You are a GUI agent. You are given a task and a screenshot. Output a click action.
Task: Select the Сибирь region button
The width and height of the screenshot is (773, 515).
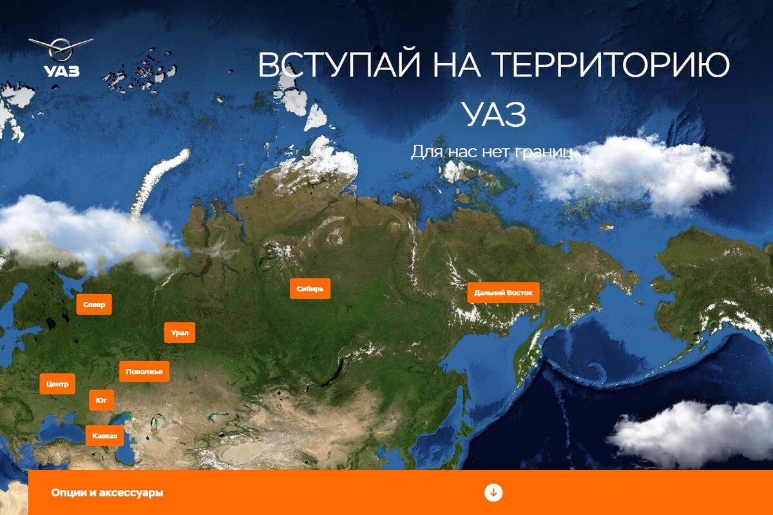pos(310,288)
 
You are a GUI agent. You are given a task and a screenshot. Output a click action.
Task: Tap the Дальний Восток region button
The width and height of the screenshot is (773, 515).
pos(503,293)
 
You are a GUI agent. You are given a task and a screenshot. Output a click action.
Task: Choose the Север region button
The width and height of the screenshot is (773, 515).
pos(94,304)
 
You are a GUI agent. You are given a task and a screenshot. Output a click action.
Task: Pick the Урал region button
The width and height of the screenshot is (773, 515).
pos(180,333)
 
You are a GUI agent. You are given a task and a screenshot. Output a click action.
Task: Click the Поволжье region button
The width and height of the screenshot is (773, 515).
pos(144,371)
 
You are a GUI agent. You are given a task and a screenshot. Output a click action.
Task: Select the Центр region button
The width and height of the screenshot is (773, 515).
pos(57,384)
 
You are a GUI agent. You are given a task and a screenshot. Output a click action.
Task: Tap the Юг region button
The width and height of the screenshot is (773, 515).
pos(101,400)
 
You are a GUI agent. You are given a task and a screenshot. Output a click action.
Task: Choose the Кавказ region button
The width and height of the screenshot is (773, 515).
pos(104,436)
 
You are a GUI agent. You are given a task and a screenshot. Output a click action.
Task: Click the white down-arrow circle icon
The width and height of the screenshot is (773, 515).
pos(493,492)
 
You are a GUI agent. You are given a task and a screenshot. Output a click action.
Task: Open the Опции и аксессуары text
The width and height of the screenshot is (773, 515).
pos(107,492)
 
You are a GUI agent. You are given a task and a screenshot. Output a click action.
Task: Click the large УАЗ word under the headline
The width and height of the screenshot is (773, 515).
pos(494,115)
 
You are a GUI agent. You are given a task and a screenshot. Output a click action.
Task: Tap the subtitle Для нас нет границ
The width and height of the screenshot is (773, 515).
pos(493,152)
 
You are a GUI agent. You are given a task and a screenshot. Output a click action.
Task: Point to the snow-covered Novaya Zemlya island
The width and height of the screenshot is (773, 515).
pos(158,183)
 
